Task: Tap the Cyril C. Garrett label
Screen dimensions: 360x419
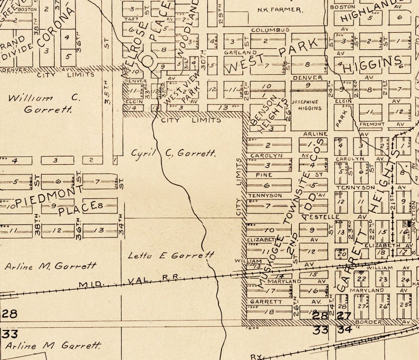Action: pos(174,153)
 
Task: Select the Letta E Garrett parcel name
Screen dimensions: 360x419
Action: pos(171,255)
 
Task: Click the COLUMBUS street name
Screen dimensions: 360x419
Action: pos(270,30)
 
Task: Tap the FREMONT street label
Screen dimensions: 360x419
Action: pos(372,124)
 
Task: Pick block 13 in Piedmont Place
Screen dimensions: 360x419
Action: pos(99,230)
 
